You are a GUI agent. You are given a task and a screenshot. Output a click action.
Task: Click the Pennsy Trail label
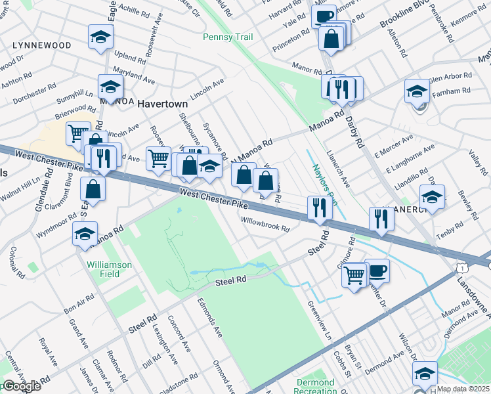click(228, 37)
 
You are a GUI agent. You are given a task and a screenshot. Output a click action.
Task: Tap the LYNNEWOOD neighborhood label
click(41, 45)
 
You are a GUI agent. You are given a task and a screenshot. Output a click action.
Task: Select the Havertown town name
click(163, 104)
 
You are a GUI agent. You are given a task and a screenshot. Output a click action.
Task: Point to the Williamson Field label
click(109, 269)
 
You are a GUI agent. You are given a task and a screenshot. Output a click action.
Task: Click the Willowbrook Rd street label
click(265, 225)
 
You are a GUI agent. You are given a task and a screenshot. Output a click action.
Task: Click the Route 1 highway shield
click(463, 268)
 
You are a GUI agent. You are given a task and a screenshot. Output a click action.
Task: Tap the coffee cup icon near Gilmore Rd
click(377, 271)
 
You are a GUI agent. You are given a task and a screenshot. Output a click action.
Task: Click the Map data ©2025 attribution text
click(463, 389)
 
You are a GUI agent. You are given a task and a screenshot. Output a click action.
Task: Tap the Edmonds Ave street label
click(210, 318)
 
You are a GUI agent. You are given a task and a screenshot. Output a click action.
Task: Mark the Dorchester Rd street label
click(35, 94)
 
